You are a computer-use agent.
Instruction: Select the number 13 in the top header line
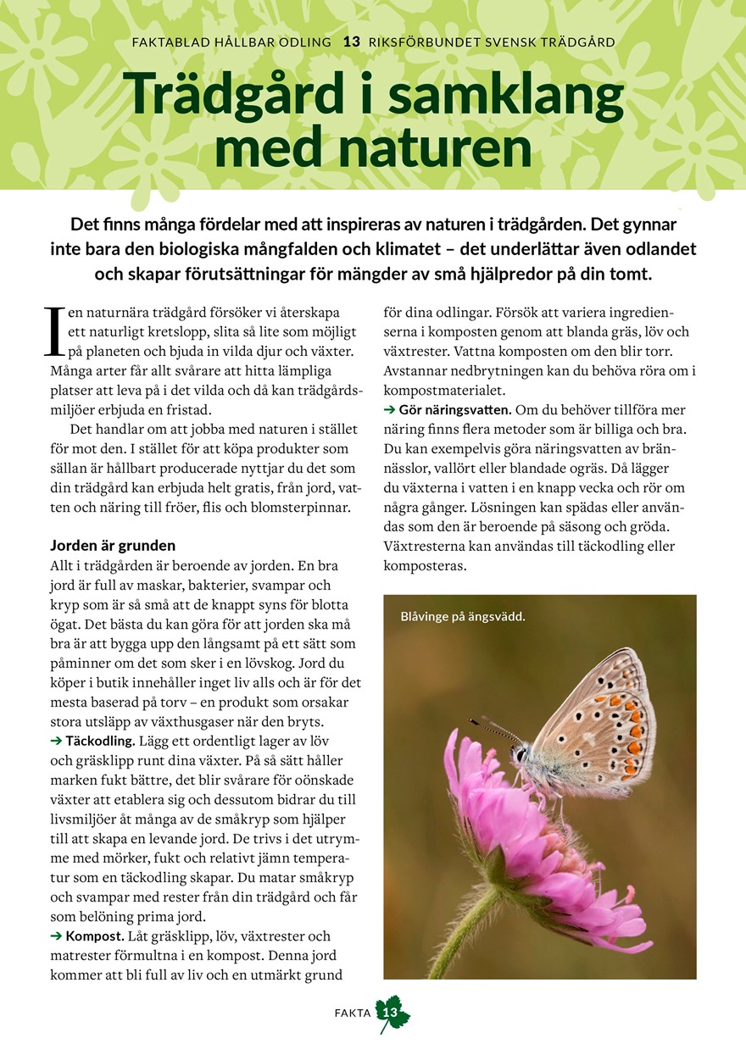(351, 42)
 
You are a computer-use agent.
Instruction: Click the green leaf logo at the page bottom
(392, 1013)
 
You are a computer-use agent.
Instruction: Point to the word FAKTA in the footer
(353, 1013)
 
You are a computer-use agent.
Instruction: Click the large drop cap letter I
(53, 332)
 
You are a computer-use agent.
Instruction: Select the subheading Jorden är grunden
(113, 545)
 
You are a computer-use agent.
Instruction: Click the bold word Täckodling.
(100, 741)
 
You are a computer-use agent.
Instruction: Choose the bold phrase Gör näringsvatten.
(455, 410)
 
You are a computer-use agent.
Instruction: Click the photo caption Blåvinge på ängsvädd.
(463, 616)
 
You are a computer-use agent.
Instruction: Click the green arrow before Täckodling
(57, 741)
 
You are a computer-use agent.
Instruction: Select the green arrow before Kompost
(57, 936)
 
